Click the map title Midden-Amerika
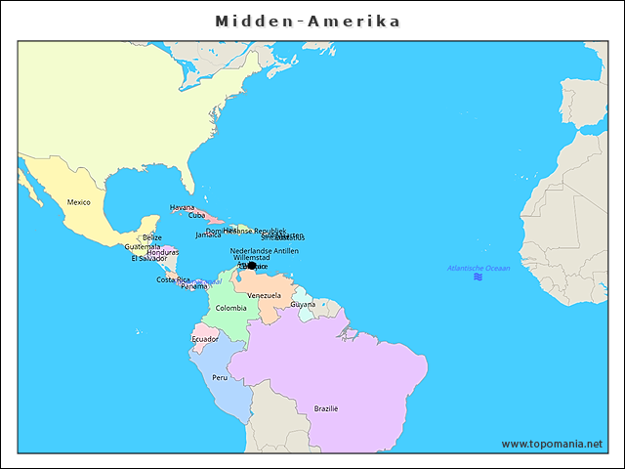pos(308,21)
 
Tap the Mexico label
pos(78,202)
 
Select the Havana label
pos(182,207)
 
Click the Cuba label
pos(196,215)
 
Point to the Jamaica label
pos(208,234)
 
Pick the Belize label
pos(152,237)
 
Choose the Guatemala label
pos(142,246)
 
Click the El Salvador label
pos(148,259)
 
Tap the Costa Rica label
pos(173,279)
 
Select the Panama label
pos(193,286)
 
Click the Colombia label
pos(230,308)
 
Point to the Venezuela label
pos(264,295)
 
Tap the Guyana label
pos(303,304)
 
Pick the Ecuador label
pos(205,339)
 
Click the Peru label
pos(220,377)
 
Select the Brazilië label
pos(325,408)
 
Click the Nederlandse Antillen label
pos(265,250)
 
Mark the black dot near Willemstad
pos(252,265)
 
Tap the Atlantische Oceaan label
pos(479,268)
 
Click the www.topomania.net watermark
pos(552,444)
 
